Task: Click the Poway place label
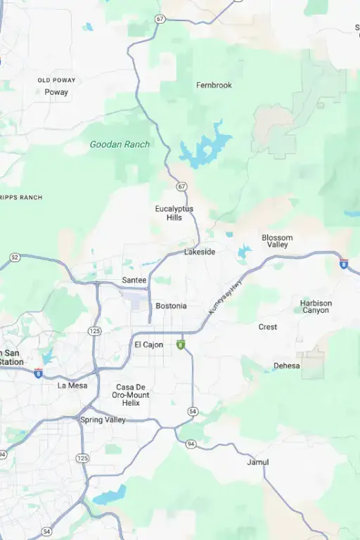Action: tap(56, 92)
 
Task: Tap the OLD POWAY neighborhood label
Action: tap(57, 80)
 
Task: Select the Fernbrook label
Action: tap(214, 85)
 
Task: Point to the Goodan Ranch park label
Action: tap(120, 144)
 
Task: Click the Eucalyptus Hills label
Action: tap(174, 213)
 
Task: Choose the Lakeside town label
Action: tap(200, 252)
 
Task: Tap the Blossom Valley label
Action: tap(277, 241)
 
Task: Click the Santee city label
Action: tap(134, 280)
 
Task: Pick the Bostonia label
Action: tap(171, 306)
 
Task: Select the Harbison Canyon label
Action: tap(316, 307)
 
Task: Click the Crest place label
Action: tap(267, 327)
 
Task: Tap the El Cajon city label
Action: tap(148, 345)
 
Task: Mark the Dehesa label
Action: tap(286, 366)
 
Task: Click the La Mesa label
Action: tap(72, 385)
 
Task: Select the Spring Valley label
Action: tap(103, 420)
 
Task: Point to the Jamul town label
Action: tap(258, 462)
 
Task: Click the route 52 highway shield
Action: tap(15, 257)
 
